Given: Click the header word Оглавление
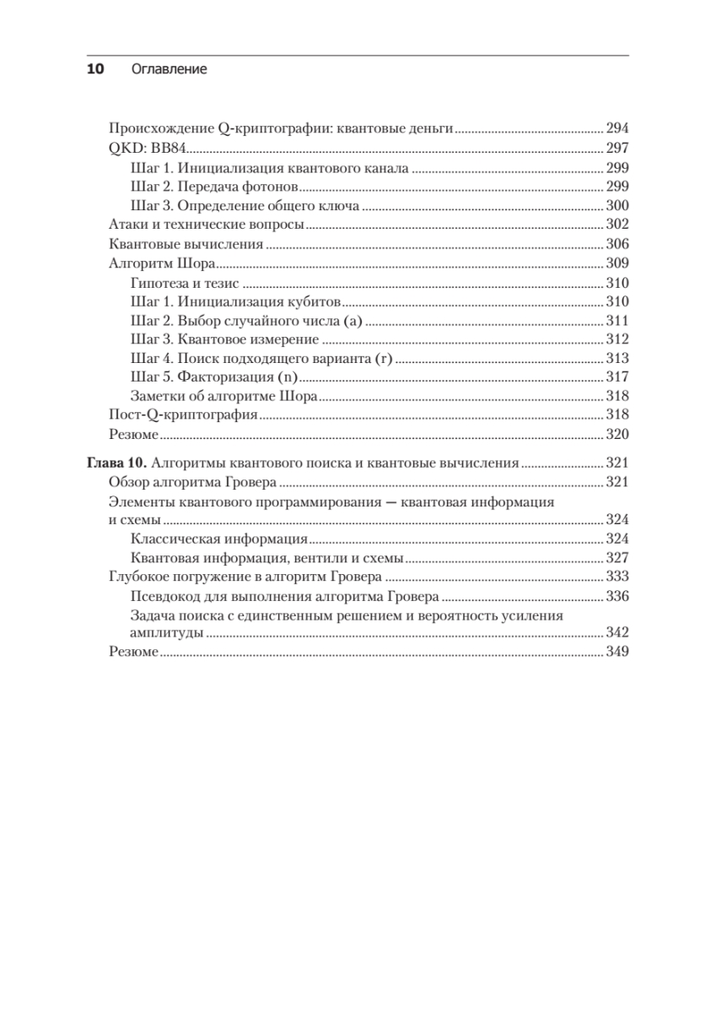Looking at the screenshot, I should (170, 70).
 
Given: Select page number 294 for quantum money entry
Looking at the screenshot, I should (617, 129).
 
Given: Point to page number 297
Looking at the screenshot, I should (617, 149).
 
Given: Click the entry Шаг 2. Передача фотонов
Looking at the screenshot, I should (216, 187).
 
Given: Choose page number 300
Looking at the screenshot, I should (617, 206).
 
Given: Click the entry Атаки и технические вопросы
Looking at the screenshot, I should (207, 225).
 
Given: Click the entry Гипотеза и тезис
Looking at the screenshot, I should (186, 283).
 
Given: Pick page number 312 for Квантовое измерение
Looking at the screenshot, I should (617, 340).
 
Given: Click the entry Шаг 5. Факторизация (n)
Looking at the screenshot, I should (217, 378).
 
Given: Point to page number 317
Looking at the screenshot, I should (617, 378).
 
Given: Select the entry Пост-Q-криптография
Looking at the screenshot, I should (183, 416).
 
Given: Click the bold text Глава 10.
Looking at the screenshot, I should (118, 463).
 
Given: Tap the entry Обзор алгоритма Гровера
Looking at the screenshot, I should (194, 482).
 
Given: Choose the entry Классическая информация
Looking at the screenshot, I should (219, 539).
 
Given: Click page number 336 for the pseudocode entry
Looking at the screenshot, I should (617, 597).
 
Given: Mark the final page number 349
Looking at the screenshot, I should (617, 653).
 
